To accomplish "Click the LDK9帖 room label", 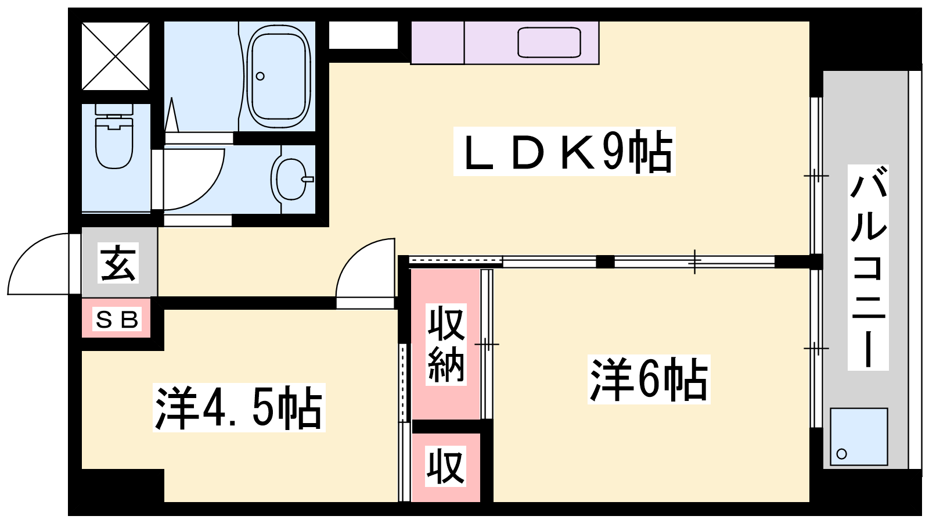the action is click(x=564, y=152).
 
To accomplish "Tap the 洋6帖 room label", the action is click(x=649, y=379).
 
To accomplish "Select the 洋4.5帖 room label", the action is click(x=239, y=407).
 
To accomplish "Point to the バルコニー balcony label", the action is click(x=867, y=267).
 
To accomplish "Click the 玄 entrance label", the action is click(x=118, y=263).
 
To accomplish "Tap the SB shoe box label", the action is click(x=117, y=319).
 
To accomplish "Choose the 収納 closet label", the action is click(x=446, y=345).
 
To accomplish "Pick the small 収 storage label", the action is click(x=445, y=466).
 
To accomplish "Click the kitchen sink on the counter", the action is click(x=549, y=42).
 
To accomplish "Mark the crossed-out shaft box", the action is click(x=116, y=56).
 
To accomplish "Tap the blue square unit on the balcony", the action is click(x=859, y=436).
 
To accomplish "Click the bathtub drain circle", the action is click(x=260, y=76).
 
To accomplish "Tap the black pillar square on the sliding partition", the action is click(x=605, y=261).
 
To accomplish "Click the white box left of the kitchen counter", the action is click(x=363, y=35).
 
